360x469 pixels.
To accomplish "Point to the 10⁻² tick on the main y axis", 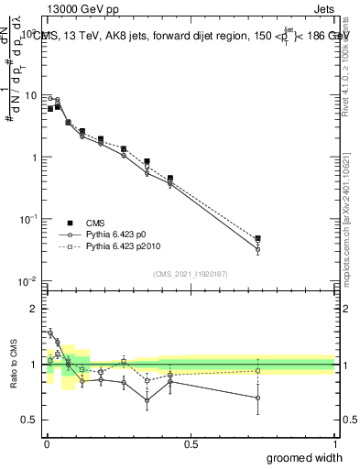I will pos(30,280).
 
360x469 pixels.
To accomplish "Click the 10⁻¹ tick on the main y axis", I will pos(30,219).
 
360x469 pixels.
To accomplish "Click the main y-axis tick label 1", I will pos(35,158).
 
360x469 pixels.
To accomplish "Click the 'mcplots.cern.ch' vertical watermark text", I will pos(346,229).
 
